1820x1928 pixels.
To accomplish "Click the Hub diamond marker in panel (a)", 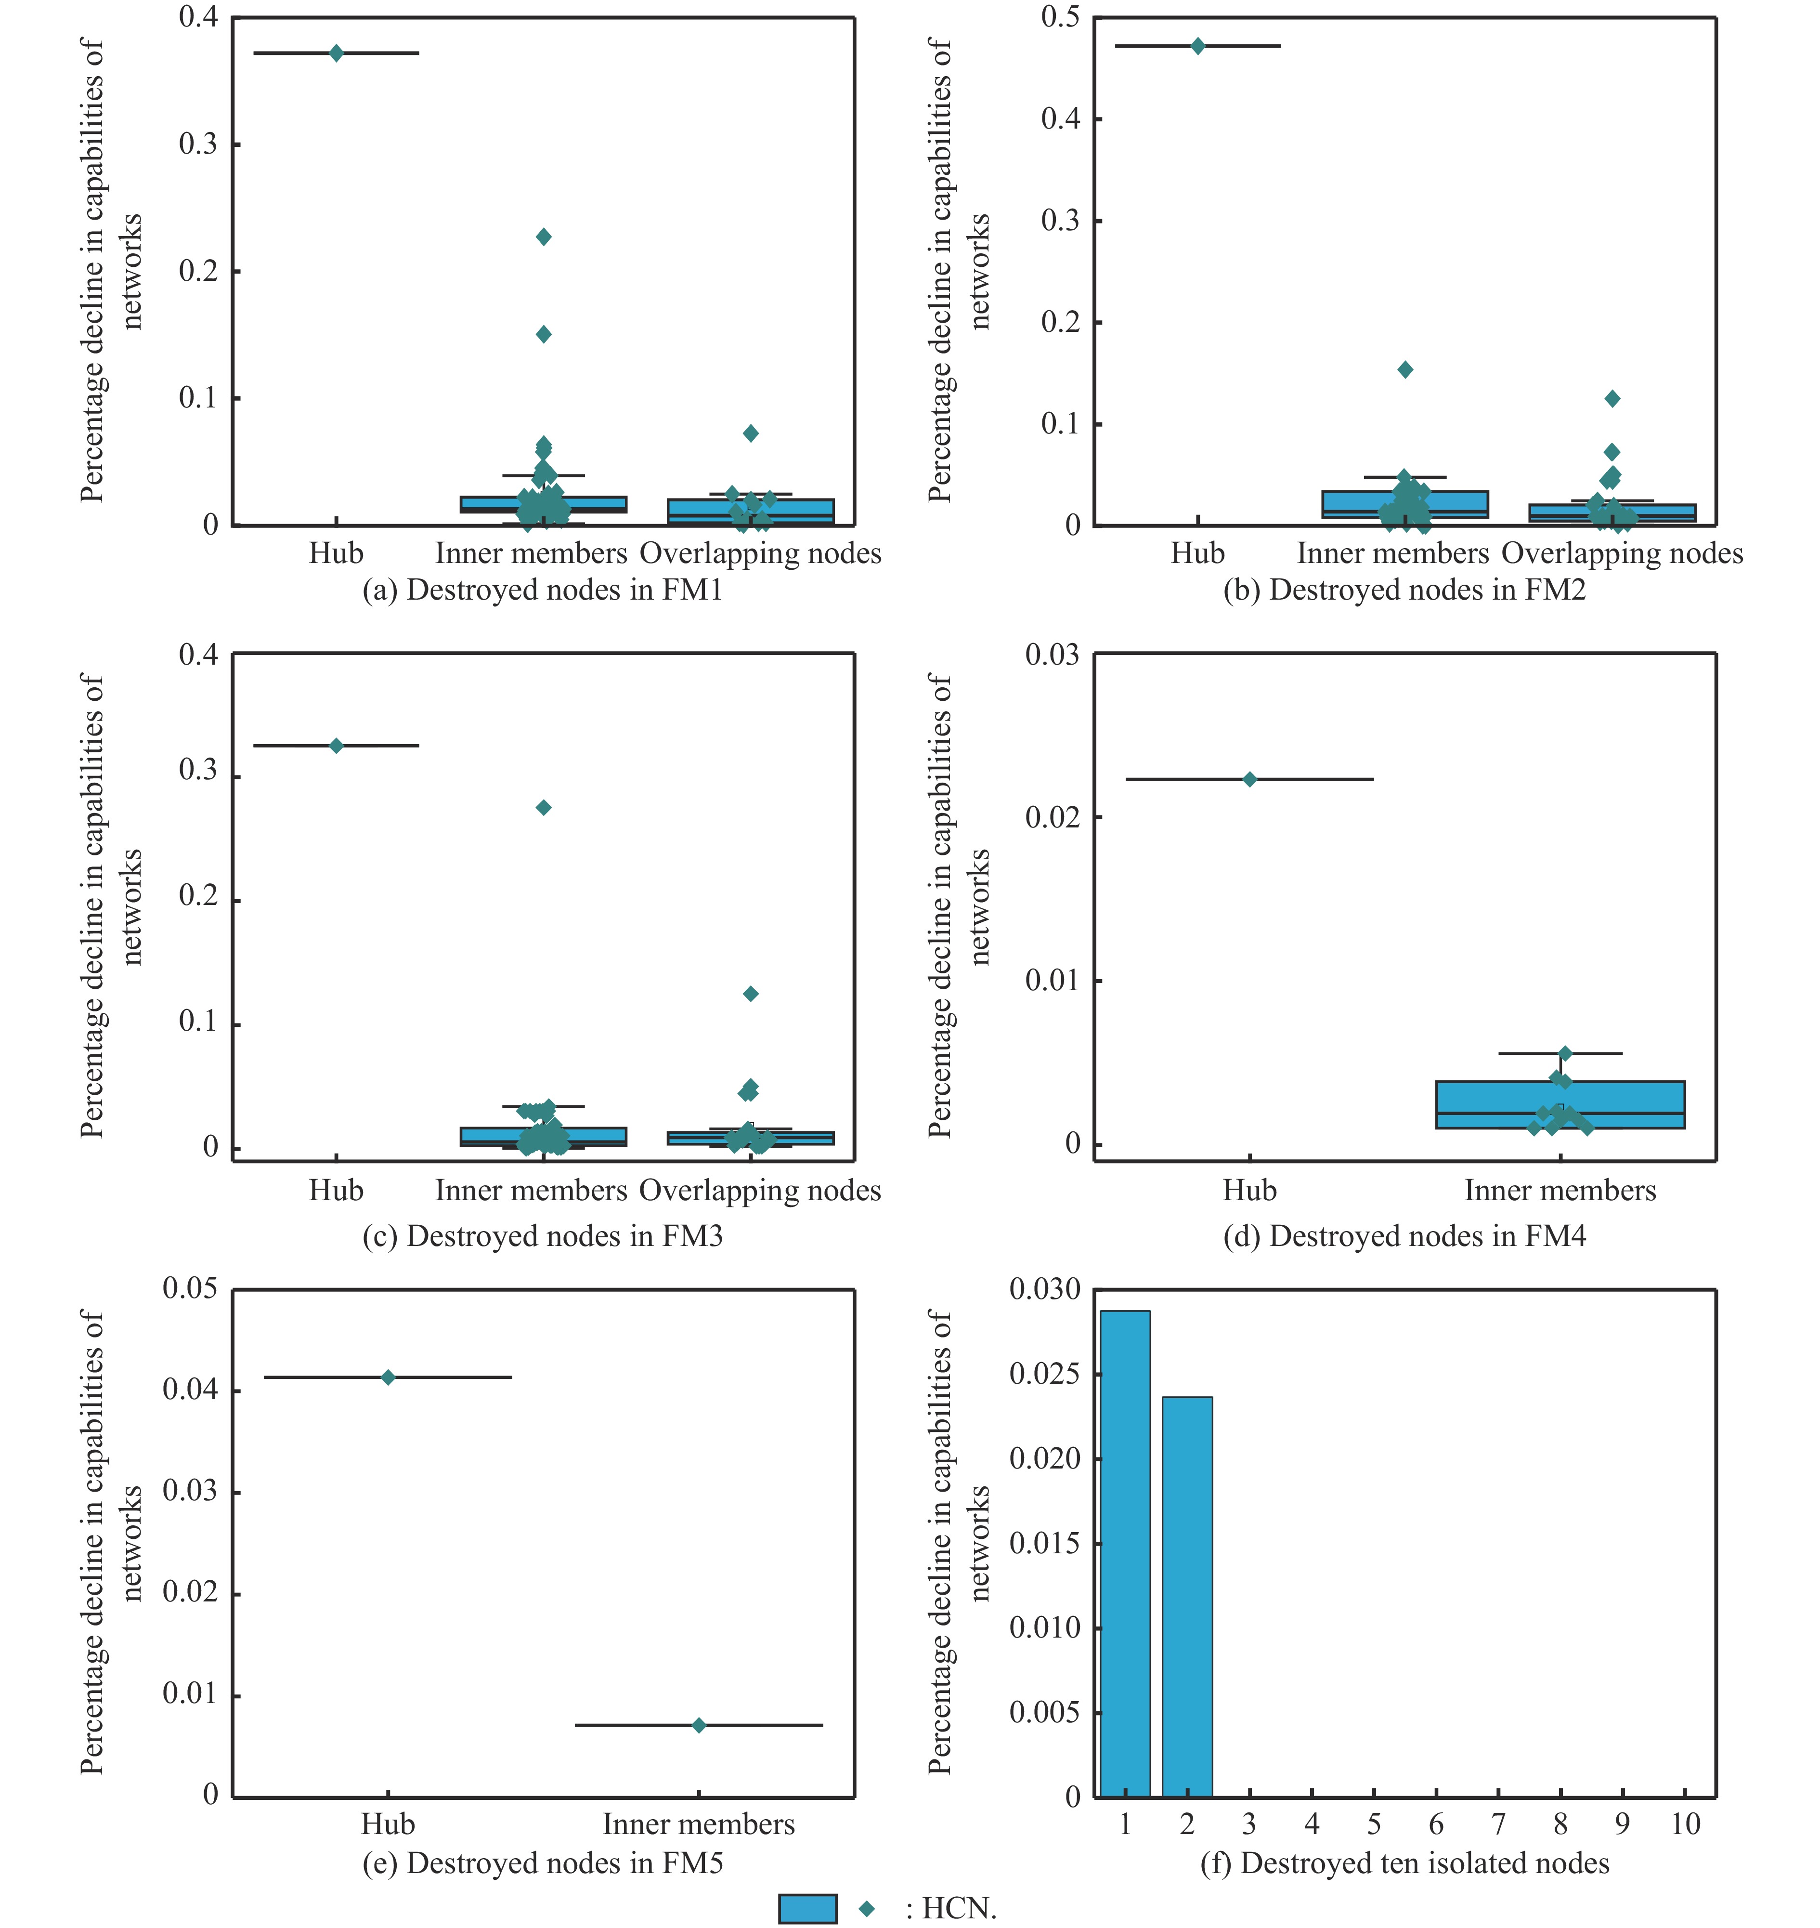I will coord(336,53).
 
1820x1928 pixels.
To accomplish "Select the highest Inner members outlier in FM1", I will coord(543,237).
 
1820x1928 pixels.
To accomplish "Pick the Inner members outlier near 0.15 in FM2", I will coord(1405,370).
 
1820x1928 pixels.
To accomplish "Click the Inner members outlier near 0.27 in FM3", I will coord(543,807).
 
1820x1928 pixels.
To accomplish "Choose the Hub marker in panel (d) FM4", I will coord(1249,779).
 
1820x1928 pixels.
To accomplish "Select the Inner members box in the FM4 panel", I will coord(1560,1104).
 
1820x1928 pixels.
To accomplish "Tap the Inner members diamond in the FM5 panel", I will coord(699,1725).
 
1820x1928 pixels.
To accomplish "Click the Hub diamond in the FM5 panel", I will coord(388,1377).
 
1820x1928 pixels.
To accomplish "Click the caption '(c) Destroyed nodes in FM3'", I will coord(542,1236).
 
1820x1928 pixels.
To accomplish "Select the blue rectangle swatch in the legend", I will coord(807,1909).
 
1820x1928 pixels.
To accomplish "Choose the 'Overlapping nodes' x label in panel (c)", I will coord(760,1191).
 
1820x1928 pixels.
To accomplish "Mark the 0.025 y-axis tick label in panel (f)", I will coord(1044,1374).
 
